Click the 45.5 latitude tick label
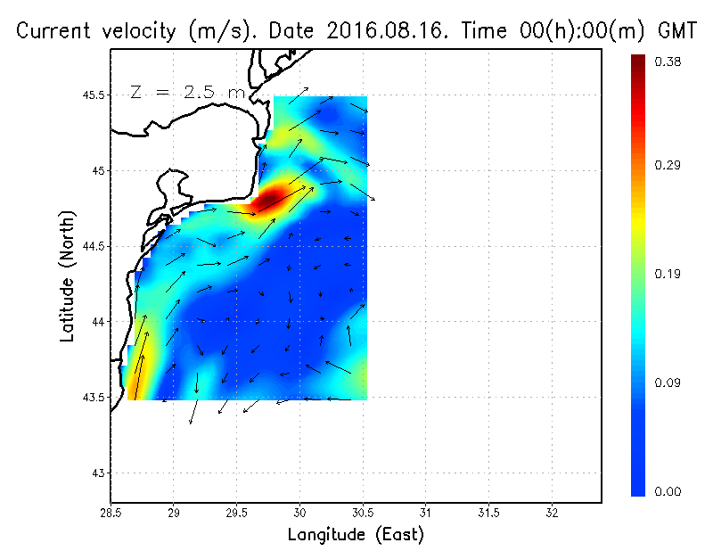(x=91, y=95)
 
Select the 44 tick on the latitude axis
(x=97, y=321)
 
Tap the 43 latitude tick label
(x=97, y=473)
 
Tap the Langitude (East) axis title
(x=356, y=535)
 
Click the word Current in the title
(x=55, y=30)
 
